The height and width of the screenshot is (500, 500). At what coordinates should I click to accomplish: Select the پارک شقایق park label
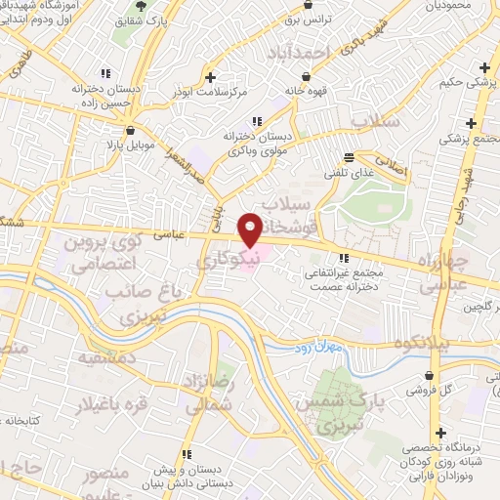pos(167,20)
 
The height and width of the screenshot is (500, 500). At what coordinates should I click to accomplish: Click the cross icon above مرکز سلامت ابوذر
pos(210,74)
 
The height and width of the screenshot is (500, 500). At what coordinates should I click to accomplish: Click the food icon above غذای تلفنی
pos(350,157)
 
